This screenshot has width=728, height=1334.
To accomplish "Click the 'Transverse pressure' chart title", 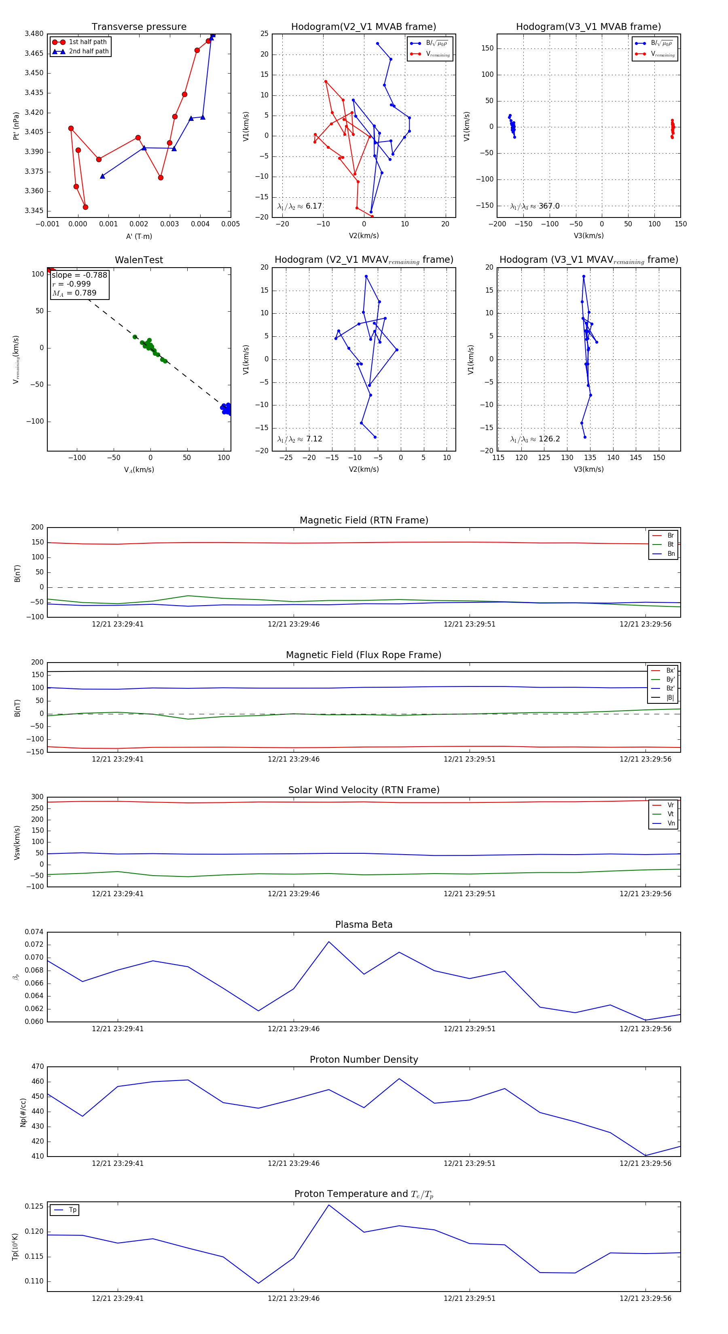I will pyautogui.click(x=139, y=27).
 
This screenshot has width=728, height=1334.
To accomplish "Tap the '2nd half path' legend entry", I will pyautogui.click(x=89, y=51).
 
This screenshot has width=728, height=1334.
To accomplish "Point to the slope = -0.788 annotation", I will pyautogui.click(x=79, y=275).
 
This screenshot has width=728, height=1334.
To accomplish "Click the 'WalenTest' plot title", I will pyautogui.click(x=139, y=260).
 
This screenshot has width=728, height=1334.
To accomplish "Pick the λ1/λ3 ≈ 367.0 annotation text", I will pyautogui.click(x=535, y=206).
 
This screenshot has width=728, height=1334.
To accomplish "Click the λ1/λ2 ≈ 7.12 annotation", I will pyautogui.click(x=299, y=439).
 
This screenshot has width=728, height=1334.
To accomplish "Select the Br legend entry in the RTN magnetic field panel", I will pyautogui.click(x=670, y=536).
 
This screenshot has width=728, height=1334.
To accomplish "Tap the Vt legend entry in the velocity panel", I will pyautogui.click(x=670, y=814).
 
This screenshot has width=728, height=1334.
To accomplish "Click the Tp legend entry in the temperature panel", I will pyautogui.click(x=72, y=1210).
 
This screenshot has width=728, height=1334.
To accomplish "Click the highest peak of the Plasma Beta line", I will pyautogui.click(x=328, y=941).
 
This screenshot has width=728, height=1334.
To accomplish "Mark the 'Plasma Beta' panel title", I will pyautogui.click(x=364, y=925).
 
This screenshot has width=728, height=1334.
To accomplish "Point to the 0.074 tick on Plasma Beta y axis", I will pyautogui.click(x=34, y=932).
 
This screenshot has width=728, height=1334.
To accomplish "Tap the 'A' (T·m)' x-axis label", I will pyautogui.click(x=139, y=236).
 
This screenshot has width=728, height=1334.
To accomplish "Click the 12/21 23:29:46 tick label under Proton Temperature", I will pyautogui.click(x=293, y=1298).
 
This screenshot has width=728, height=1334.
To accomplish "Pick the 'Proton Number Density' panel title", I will pyautogui.click(x=364, y=1060).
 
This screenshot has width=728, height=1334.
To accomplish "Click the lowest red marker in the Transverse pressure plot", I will pyautogui.click(x=85, y=207).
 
